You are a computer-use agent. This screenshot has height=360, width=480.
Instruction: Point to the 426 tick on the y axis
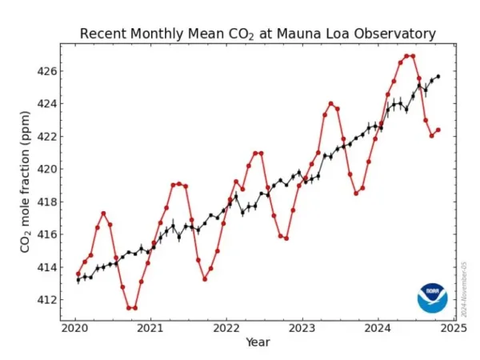pyautogui.click(x=46, y=71)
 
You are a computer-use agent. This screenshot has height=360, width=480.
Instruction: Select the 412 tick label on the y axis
pyautogui.click(x=46, y=299)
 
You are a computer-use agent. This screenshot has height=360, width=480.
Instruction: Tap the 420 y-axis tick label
pyautogui.click(x=46, y=169)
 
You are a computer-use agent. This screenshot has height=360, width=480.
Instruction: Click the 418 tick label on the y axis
pyautogui.click(x=46, y=202)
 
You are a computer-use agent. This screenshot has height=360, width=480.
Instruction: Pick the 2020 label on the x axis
pyautogui.click(x=75, y=327)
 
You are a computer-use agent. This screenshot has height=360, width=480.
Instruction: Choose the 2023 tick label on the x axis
pyautogui.click(x=302, y=327)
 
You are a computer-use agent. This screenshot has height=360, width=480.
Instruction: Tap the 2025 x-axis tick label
pyautogui.click(x=454, y=327)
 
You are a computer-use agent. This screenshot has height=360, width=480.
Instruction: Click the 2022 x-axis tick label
pyautogui.click(x=226, y=327)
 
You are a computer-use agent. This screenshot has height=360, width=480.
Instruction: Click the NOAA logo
pyautogui.click(x=432, y=298)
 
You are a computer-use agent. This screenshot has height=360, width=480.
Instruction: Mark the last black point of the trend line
pyautogui.click(x=438, y=77)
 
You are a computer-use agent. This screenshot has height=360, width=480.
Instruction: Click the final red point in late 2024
pyautogui.click(x=438, y=130)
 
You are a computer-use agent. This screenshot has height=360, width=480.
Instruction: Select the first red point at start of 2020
pyautogui.click(x=78, y=274)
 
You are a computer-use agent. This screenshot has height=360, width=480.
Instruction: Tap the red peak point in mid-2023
pyautogui.click(x=330, y=103)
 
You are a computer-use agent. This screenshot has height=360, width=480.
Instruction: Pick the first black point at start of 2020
pyautogui.click(x=78, y=279)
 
